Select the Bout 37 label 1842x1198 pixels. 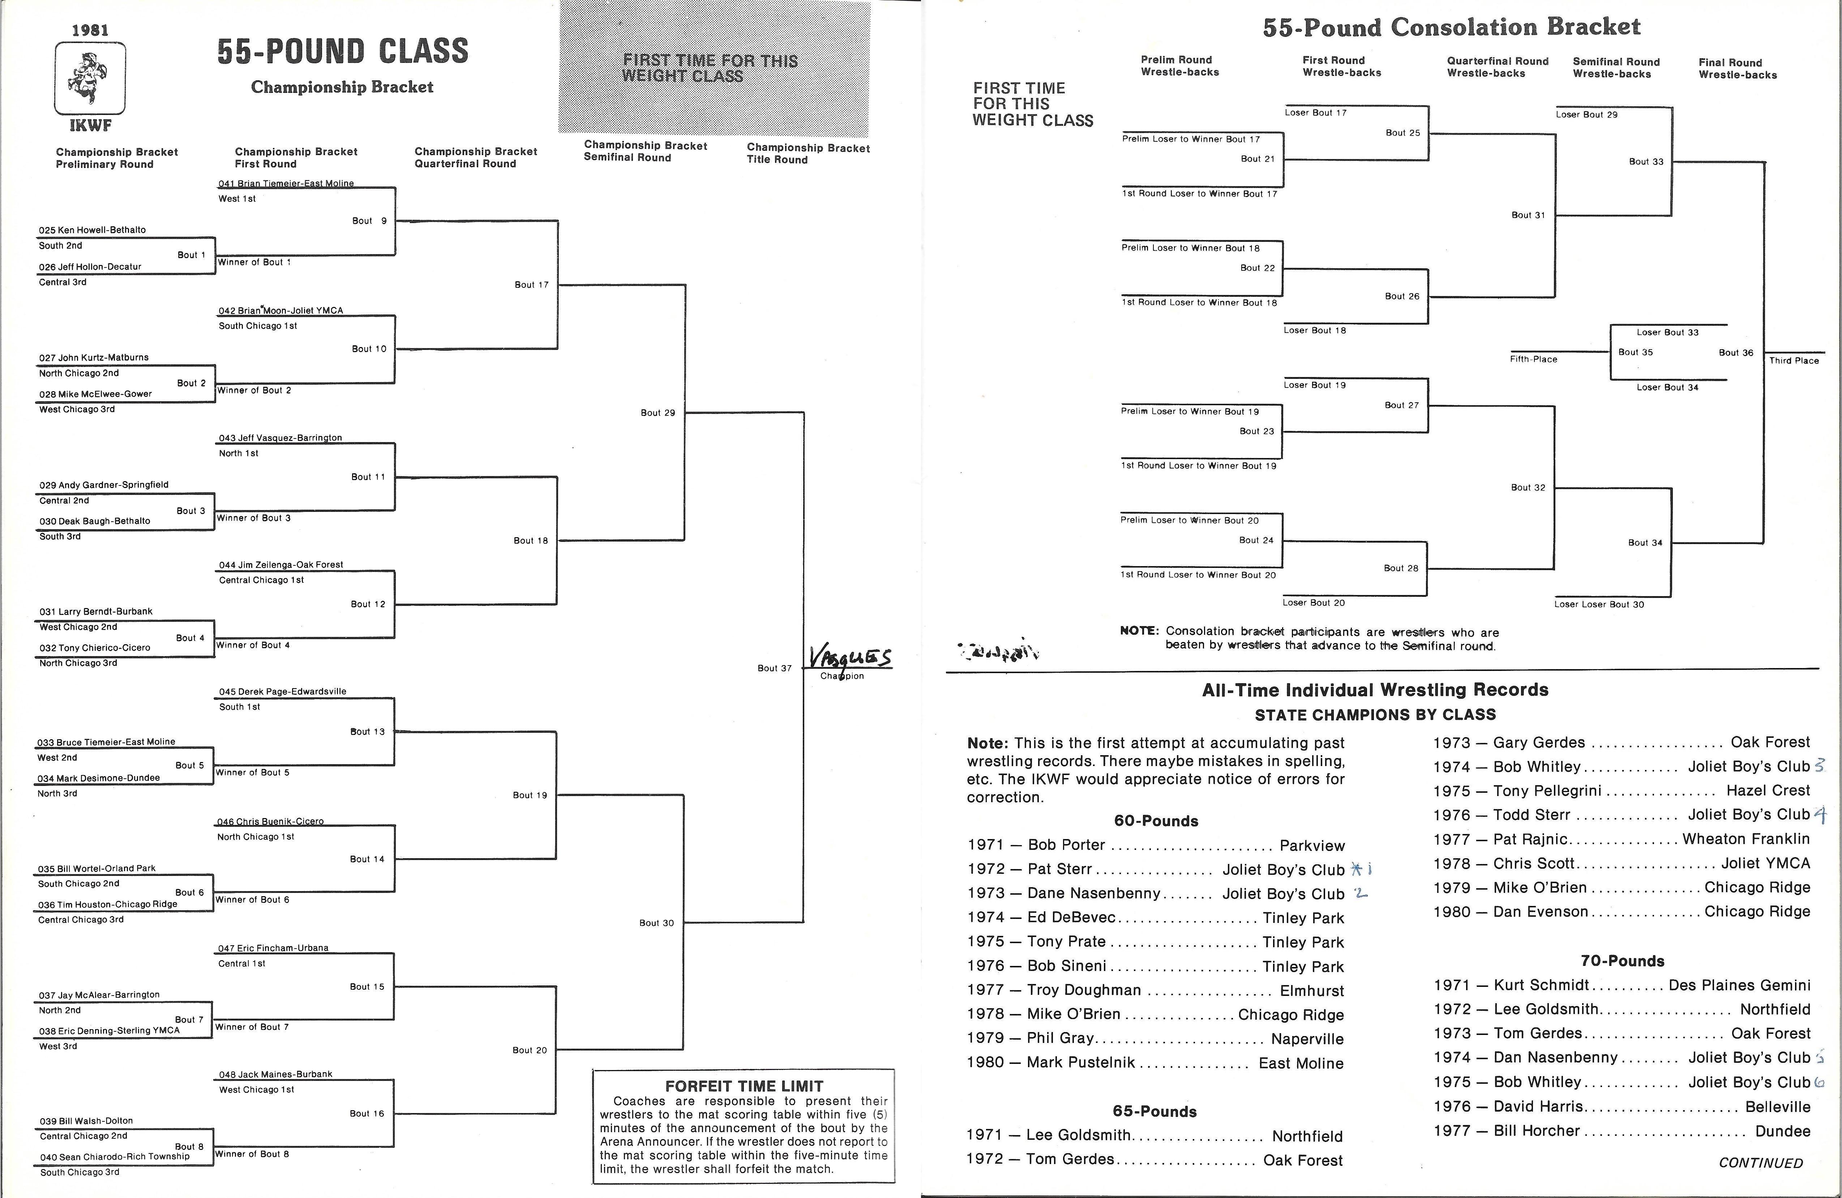pos(774,668)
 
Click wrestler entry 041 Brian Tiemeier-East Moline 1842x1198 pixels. pos(286,183)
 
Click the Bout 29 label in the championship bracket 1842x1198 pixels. pos(658,412)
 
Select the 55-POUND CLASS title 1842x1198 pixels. pos(342,51)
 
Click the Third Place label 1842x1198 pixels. pos(1794,361)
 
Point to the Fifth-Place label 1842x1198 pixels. pos(1533,359)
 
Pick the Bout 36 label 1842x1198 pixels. pos(1736,353)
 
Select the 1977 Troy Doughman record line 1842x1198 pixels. pos(1156,991)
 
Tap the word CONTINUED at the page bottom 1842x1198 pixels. pos(1761,1163)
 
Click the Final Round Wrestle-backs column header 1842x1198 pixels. pos(1738,69)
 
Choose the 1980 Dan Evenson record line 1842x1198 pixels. pos(1622,912)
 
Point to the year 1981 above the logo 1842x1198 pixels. pos(90,30)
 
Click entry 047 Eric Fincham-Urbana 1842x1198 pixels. pos(273,948)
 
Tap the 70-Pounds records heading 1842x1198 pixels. pos(1622,961)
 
